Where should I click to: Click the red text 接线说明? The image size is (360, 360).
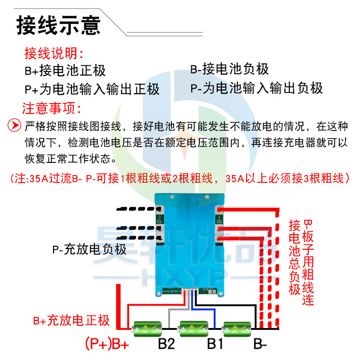coord(54,54)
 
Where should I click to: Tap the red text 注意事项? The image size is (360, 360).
coord(52,108)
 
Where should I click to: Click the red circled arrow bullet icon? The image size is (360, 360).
coord(15,125)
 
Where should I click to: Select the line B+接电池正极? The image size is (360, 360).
coord(65,71)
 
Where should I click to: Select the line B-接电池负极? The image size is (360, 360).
coord(229,69)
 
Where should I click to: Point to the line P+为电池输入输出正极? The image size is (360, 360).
coord(92,88)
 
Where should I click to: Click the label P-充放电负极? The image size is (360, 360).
coord(90,249)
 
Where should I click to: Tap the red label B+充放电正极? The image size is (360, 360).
coord(72,321)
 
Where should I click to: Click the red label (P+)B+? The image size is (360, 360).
coord(107,345)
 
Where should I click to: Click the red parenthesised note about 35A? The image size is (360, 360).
coord(180,178)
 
